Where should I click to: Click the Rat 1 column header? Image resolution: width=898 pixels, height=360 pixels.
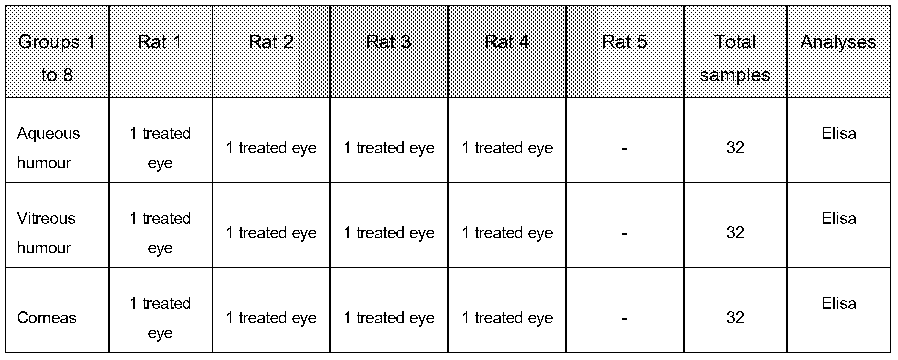(x=160, y=42)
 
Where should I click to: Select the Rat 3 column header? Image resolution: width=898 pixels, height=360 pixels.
(x=389, y=42)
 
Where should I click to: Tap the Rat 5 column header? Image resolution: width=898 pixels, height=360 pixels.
(x=624, y=42)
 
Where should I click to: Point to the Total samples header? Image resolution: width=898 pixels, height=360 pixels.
(x=735, y=58)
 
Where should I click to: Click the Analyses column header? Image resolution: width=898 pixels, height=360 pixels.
(x=838, y=42)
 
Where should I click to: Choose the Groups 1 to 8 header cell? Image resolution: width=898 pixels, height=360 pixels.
(x=57, y=58)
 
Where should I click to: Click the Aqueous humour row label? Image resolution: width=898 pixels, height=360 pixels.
(x=48, y=148)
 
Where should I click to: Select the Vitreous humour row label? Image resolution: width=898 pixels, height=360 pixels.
(x=46, y=233)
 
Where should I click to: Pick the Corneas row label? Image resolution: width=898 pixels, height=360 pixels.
(x=47, y=318)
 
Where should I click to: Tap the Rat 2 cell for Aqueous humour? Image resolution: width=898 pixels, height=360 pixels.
(x=271, y=148)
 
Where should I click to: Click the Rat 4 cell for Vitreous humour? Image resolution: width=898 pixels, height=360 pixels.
(x=507, y=233)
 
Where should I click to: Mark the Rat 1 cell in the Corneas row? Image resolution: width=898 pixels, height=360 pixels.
(x=160, y=318)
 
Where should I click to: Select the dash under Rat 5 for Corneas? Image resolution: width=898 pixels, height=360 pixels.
(x=624, y=318)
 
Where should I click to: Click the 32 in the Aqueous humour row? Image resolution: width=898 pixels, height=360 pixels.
(x=735, y=148)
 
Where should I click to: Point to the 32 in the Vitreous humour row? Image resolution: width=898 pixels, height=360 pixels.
(x=735, y=233)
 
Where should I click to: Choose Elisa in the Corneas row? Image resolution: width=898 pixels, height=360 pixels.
(x=839, y=303)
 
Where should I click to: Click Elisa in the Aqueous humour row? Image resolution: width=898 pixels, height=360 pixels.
(x=839, y=133)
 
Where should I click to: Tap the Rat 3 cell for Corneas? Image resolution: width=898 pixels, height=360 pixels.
(x=389, y=318)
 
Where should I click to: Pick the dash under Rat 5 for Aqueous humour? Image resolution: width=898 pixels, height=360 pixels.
(x=624, y=148)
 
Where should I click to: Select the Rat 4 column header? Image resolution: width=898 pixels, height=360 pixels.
(x=507, y=42)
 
